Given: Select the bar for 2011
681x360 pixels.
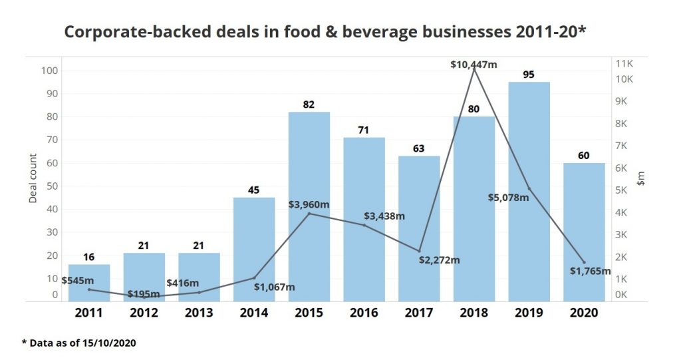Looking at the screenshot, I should tap(89, 283).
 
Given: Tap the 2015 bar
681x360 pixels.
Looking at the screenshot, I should tap(309, 206).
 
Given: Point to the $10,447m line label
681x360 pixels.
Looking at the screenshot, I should tap(474, 65).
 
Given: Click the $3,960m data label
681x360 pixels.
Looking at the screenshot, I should tap(309, 204).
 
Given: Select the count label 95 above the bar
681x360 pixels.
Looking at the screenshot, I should tap(529, 75).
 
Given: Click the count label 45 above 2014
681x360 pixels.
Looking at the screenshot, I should tap(254, 190).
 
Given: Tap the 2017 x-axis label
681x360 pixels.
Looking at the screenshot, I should tap(419, 313).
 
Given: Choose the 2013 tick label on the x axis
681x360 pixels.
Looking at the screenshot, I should tap(199, 313).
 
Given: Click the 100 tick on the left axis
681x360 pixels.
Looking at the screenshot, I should tap(50, 71).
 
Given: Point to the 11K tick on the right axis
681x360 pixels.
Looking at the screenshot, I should tap(625, 64).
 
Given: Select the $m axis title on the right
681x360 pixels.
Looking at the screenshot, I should tap(641, 178).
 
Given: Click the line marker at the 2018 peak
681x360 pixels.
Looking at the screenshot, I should tap(474, 69).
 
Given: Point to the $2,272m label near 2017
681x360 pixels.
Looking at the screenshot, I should tap(440, 260).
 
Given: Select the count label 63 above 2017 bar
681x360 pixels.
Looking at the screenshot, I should tap(419, 148).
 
